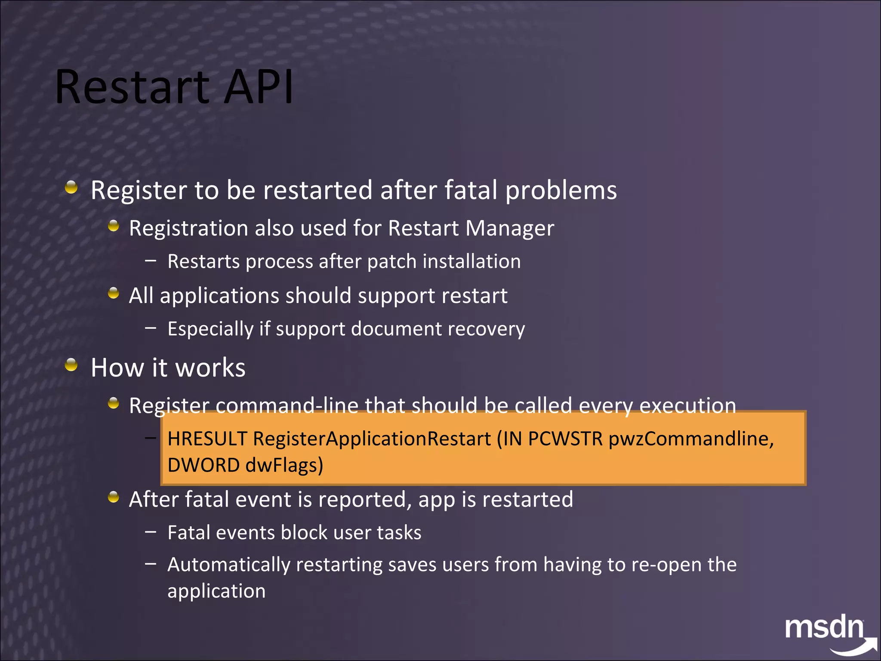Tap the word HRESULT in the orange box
(207, 439)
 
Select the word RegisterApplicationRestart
(372, 439)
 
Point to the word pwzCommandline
(690, 439)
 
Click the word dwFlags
(284, 465)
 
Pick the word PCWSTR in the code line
(565, 439)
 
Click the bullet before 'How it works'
(71, 365)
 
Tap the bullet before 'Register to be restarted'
(71, 187)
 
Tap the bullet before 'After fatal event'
(114, 497)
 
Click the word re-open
(666, 565)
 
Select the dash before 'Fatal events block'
(151, 532)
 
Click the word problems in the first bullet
(561, 190)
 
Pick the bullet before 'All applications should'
(114, 293)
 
